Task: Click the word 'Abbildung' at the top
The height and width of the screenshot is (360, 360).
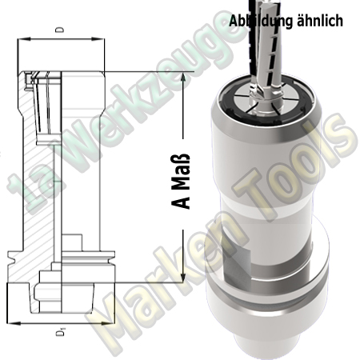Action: pyautogui.click(x=257, y=21)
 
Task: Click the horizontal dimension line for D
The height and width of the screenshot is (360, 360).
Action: pyautogui.click(x=59, y=38)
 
